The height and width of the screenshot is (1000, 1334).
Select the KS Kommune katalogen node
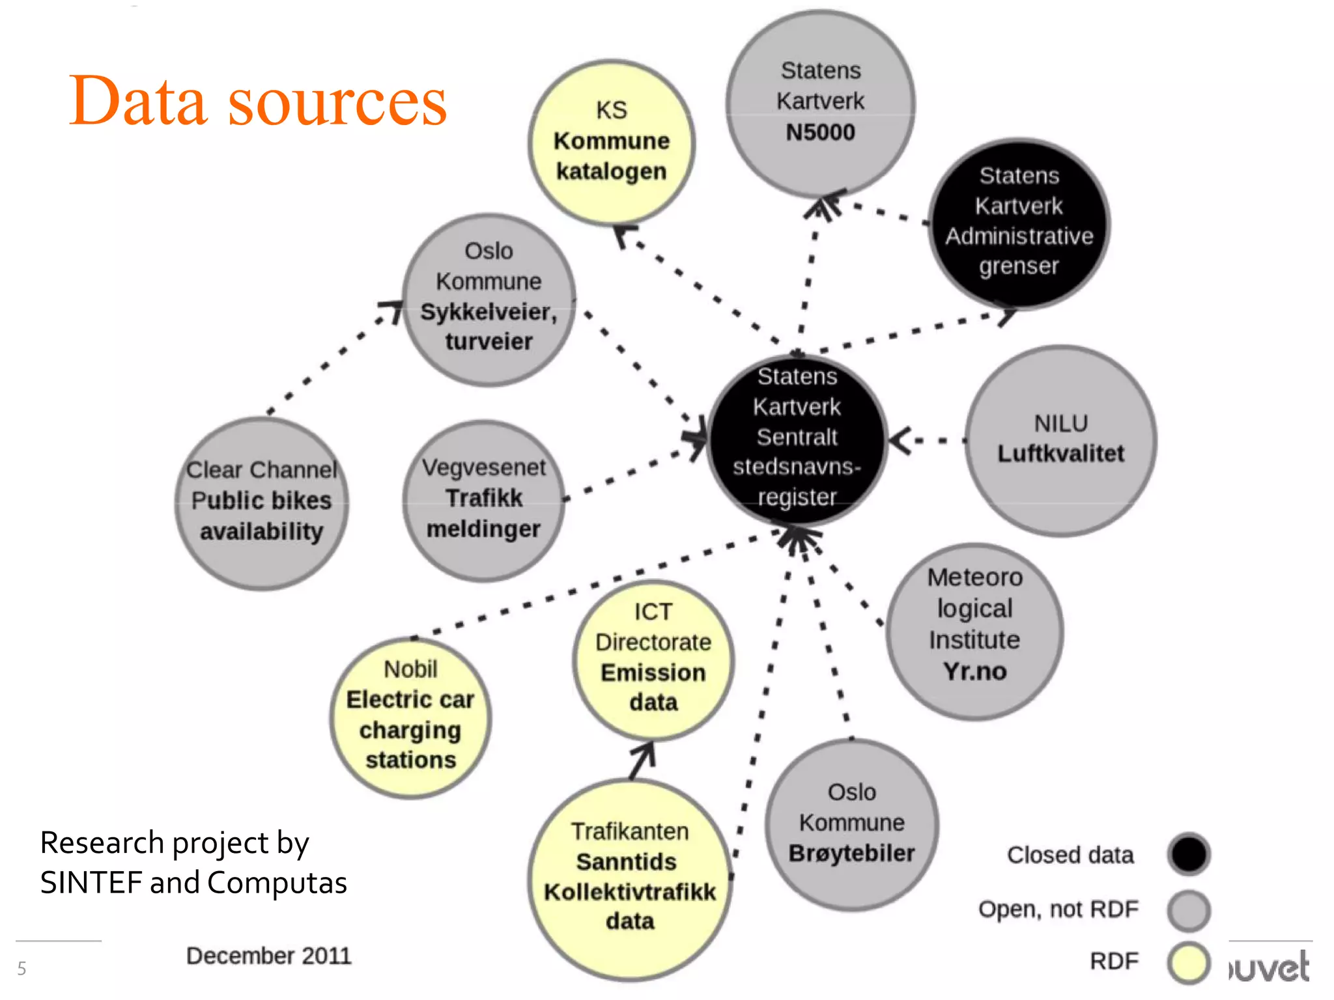tap(611, 142)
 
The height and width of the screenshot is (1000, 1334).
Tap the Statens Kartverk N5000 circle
tap(820, 102)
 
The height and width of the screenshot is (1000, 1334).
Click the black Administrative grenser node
tap(1019, 222)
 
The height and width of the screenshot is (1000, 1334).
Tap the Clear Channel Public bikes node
tap(261, 502)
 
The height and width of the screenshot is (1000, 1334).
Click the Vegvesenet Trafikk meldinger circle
tap(483, 499)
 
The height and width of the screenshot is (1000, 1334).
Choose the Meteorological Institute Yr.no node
tap(974, 630)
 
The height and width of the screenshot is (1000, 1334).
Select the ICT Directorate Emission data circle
tap(653, 659)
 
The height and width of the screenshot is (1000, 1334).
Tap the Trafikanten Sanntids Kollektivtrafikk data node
tap(630, 877)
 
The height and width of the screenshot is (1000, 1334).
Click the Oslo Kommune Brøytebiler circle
tap(851, 824)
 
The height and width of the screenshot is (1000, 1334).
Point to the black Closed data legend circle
tap(1188, 854)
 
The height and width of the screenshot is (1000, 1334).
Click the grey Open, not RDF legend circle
tap(1188, 910)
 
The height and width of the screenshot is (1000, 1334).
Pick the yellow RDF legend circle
tap(1188, 962)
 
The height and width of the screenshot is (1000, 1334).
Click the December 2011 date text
tap(268, 955)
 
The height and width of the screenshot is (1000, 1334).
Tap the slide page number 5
tap(21, 968)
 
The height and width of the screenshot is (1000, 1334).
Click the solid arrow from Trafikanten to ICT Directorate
tap(642, 760)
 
